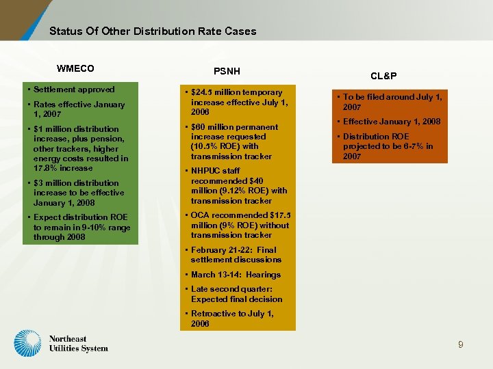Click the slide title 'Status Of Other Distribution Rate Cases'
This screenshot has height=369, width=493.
pos(153,31)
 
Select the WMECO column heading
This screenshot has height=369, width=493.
pos(75,68)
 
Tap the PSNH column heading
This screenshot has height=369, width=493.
pos(226,70)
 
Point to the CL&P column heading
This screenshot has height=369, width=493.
pos(383,76)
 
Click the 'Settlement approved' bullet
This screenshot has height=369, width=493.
pos(74,90)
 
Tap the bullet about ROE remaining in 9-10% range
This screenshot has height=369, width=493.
pos(81,227)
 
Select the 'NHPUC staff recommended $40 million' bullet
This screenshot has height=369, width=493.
pos(238,186)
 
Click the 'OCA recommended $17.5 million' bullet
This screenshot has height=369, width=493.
pos(240,225)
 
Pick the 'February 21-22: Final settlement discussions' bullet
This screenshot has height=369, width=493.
pos(235,255)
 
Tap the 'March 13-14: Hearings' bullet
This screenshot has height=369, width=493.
pos(236,275)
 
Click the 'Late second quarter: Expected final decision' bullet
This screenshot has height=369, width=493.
pos(236,294)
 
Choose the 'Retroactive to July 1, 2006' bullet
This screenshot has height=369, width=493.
pos(231,318)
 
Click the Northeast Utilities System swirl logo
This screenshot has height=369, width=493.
pos(28,343)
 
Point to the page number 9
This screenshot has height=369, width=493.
pos(461,345)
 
